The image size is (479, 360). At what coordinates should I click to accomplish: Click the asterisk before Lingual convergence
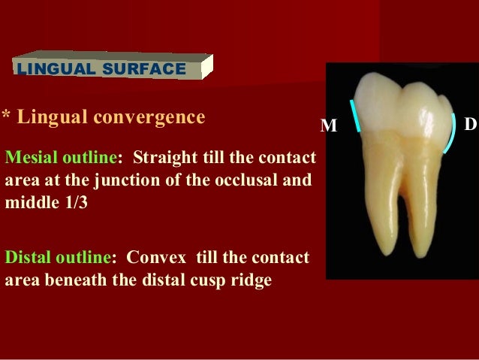(x=5, y=117)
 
